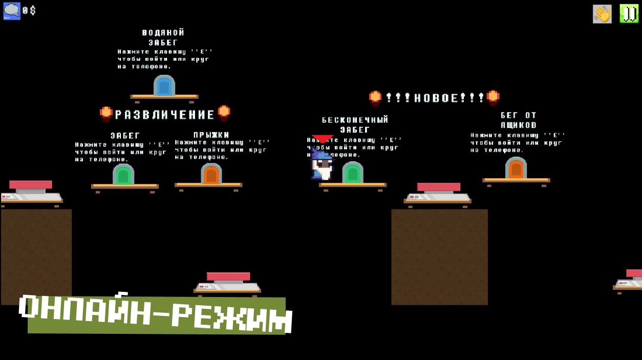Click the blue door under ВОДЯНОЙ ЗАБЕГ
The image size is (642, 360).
point(164,86)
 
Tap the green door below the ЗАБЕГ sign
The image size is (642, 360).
point(123,175)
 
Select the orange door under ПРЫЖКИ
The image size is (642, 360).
point(211,174)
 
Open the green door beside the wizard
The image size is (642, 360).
point(353,173)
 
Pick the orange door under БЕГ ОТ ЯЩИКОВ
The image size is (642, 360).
point(516,168)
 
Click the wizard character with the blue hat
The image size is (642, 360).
point(322,165)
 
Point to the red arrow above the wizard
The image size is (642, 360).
point(323,139)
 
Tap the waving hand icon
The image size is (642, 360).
point(602,14)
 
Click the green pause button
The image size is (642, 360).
point(629,14)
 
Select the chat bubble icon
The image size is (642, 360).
point(12,11)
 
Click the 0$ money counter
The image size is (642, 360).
point(29,11)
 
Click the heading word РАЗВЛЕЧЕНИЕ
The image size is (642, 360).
point(165,115)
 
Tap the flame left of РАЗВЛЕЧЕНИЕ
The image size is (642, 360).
point(106,114)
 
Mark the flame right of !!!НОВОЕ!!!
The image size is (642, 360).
point(493,97)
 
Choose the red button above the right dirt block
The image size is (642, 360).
point(438,187)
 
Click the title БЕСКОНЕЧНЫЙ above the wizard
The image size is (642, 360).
point(355,120)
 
